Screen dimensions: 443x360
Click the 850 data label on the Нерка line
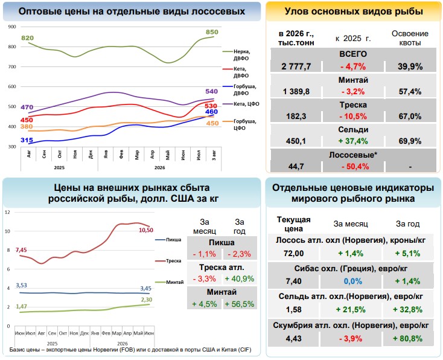tap(212, 32)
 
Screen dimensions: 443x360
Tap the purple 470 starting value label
tap(27, 107)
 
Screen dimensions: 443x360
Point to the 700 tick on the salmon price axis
tap(12, 66)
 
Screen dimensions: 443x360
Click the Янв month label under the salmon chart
tap(106, 155)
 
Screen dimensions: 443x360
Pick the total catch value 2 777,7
tap(296, 66)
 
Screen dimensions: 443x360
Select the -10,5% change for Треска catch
tap(353, 116)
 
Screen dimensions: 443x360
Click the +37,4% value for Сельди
tap(353, 141)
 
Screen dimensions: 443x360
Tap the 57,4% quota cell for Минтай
tap(410, 91)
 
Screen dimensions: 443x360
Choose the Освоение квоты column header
tap(410, 38)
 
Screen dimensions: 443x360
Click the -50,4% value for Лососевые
tap(355, 166)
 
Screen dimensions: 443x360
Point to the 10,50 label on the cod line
tap(146, 230)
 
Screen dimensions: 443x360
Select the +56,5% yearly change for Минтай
tap(240, 304)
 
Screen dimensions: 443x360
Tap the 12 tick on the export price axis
tap(7, 212)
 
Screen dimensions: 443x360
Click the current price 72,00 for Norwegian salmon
tap(293, 253)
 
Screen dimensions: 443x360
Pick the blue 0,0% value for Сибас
tap(353, 281)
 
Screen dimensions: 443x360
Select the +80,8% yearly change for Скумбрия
tap(407, 338)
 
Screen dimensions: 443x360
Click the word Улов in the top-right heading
tap(296, 11)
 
